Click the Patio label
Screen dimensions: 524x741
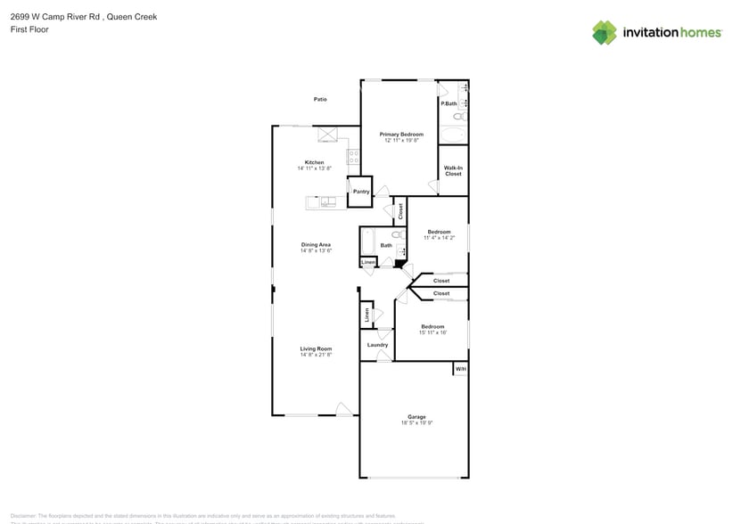(x=319, y=99)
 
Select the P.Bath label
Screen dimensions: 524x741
(x=449, y=104)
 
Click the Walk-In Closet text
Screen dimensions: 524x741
(x=453, y=170)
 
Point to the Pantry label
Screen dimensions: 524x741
(x=360, y=192)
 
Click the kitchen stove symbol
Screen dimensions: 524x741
(x=352, y=157)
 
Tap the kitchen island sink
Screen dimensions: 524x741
(x=328, y=202)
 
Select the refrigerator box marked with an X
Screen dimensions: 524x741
(x=327, y=135)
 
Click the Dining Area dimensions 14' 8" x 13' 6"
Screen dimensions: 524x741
(x=316, y=250)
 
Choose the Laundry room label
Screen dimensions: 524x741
(x=377, y=345)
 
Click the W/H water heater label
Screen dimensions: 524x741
(x=460, y=368)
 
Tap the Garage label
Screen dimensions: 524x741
(x=416, y=416)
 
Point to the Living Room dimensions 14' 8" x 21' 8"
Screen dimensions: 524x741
(x=316, y=355)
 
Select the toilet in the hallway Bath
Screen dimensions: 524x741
(x=398, y=236)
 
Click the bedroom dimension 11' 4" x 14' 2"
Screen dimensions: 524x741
(x=438, y=238)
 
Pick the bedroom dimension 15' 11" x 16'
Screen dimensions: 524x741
(x=432, y=332)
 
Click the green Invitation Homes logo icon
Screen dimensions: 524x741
(x=605, y=33)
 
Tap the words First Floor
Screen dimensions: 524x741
(x=29, y=29)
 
